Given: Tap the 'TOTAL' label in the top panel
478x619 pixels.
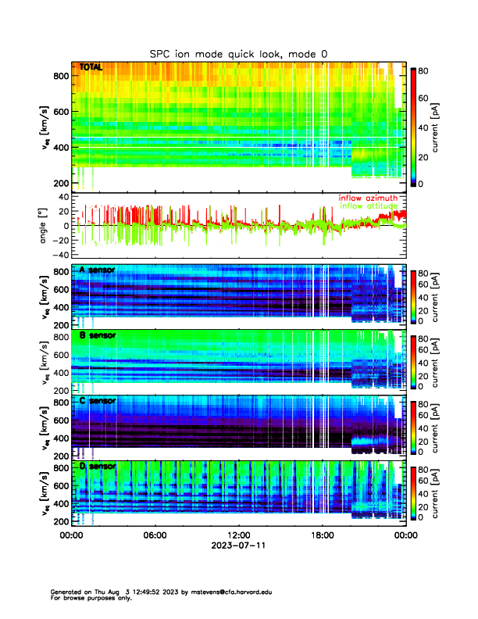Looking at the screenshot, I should click(91, 68).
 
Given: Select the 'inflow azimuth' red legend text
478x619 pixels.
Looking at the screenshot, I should click(367, 198).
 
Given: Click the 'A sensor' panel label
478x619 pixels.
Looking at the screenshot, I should click(97, 270).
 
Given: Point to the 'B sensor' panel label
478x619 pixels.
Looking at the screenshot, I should click(97, 335).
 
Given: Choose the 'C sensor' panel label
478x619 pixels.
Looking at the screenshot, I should click(97, 401).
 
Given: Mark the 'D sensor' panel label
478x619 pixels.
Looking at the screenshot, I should click(97, 467).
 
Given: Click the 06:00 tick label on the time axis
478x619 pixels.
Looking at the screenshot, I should click(155, 535).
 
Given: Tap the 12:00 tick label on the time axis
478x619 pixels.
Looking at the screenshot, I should click(238, 535).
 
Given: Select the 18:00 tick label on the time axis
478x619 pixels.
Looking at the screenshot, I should click(322, 535).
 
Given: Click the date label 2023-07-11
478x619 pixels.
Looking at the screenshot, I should click(238, 546).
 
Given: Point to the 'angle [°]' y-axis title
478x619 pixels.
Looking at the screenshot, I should click(45, 224).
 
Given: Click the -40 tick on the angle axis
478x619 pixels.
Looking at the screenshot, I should click(59, 255).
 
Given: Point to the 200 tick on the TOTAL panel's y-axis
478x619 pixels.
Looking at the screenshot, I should click(58, 183).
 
